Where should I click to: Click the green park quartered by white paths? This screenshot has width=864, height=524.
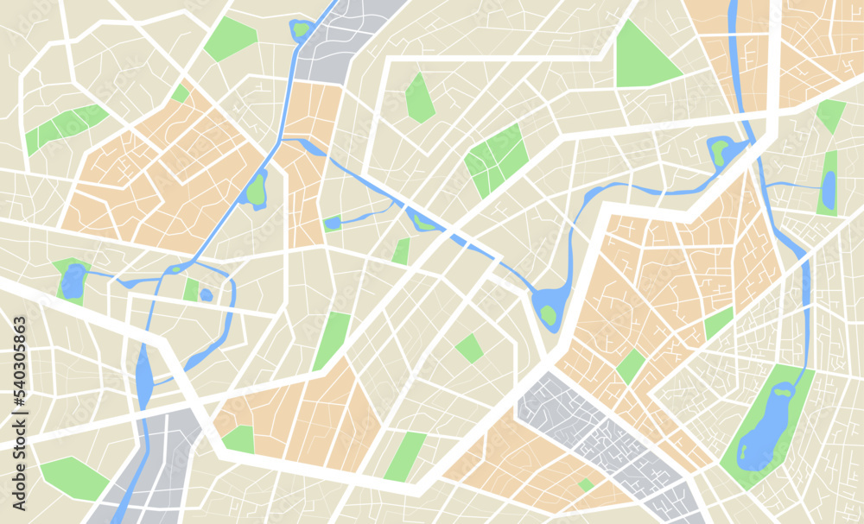pyautogui.click(x=497, y=160)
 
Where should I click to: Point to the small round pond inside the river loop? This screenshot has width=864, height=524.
pyautogui.click(x=206, y=294)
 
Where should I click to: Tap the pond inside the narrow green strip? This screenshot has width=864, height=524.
pyautogui.click(x=829, y=189)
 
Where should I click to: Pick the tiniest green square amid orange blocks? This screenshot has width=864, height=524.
pyautogui.click(x=587, y=484)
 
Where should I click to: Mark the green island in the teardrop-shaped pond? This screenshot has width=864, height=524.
pyautogui.click(x=549, y=314)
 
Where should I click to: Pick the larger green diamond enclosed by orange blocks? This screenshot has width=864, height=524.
pyautogui.click(x=631, y=366)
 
